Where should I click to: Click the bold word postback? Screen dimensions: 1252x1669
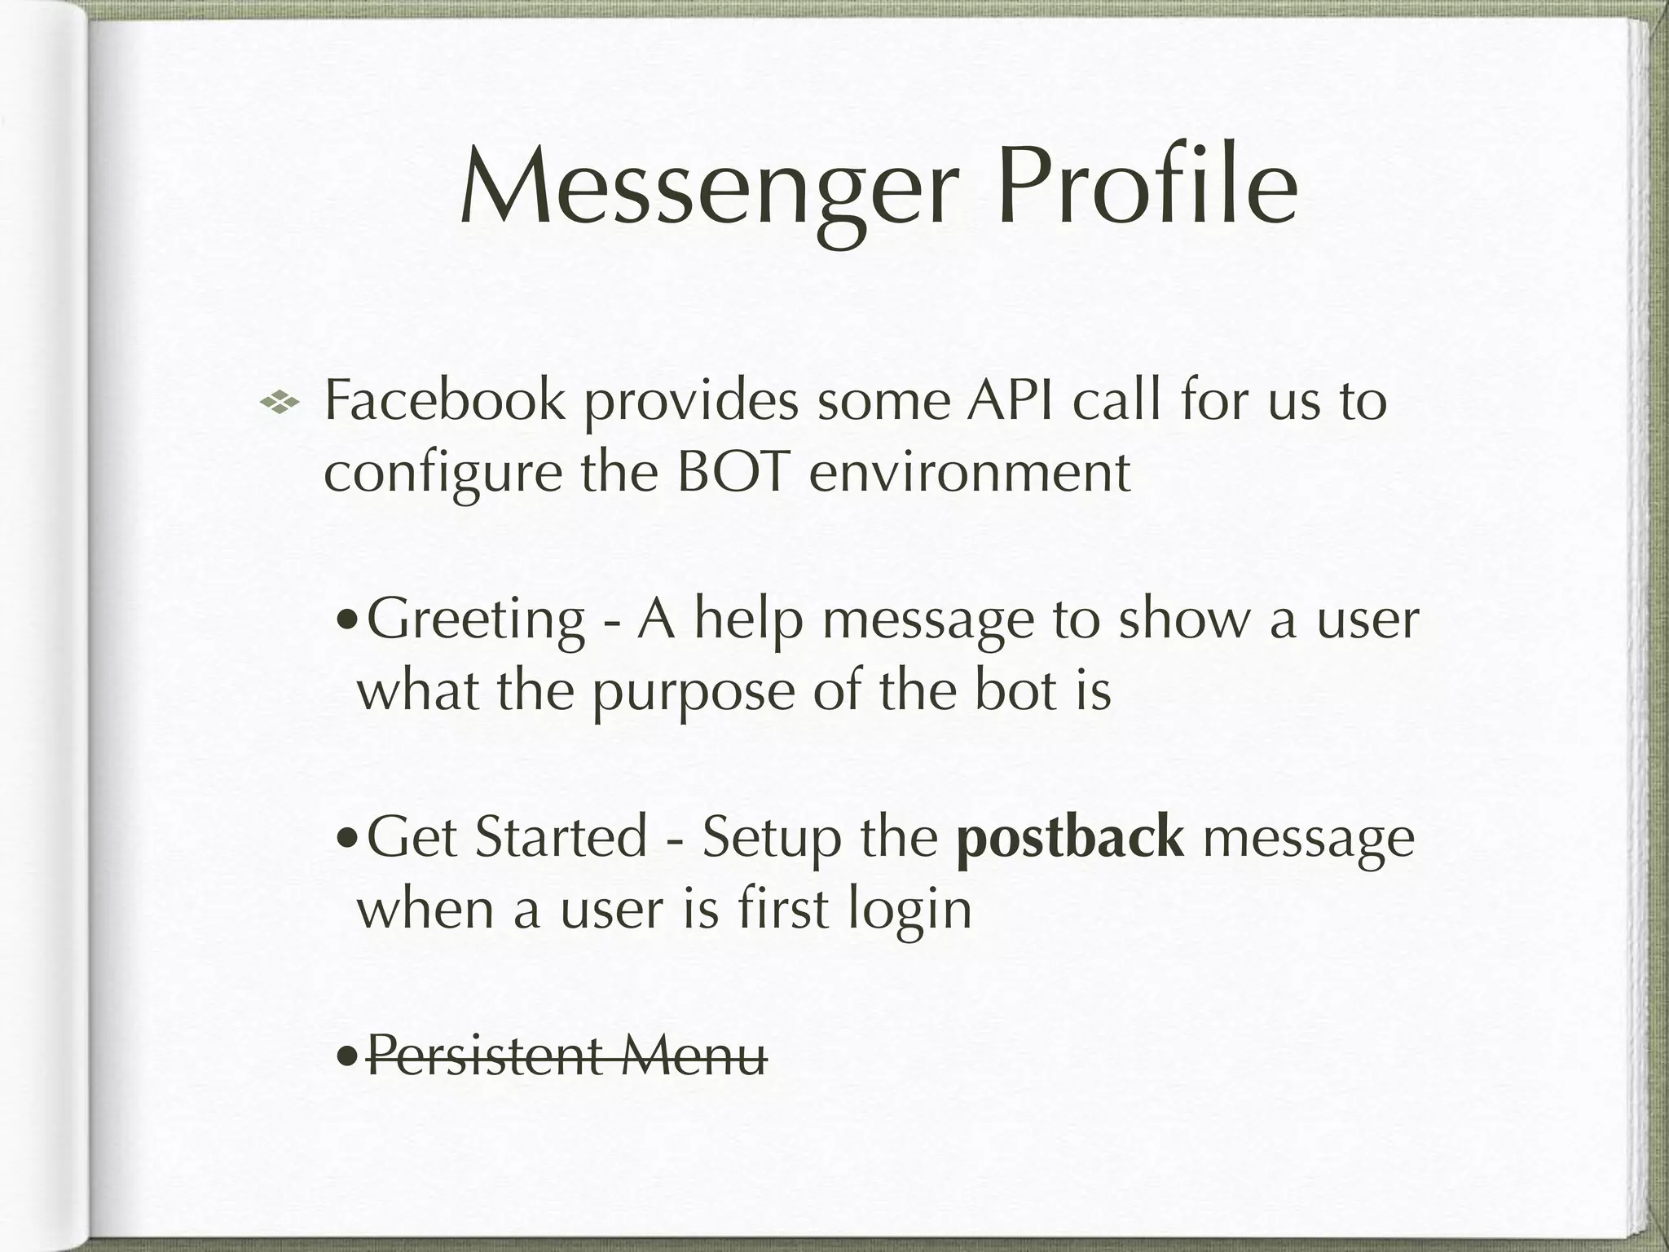click(x=1070, y=838)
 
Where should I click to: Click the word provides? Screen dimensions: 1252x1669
click(x=691, y=403)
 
